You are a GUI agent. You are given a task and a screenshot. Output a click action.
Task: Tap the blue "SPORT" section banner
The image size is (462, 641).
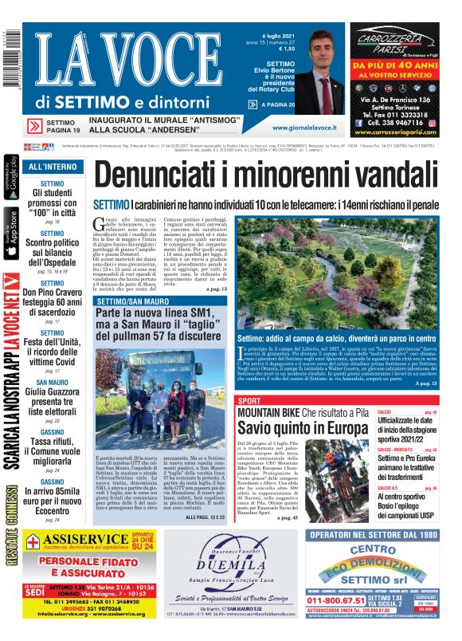[250, 400]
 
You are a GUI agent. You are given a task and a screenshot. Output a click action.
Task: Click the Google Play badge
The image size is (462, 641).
[10, 177]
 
